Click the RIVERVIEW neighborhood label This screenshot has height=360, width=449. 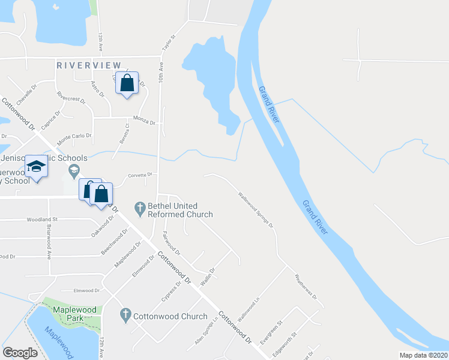tap(89, 65)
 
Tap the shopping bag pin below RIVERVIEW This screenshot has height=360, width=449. tap(127, 84)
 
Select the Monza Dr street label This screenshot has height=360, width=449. tap(144, 122)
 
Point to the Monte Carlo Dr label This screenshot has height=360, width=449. tap(74, 139)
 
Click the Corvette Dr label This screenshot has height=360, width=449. tap(141, 175)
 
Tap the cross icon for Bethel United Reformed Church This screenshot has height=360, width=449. tap(140, 209)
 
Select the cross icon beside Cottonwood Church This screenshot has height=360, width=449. tap(125, 314)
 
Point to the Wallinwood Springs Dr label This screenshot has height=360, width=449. tap(255, 209)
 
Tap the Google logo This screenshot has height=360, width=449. tap(20, 353)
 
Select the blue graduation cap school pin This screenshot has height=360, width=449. tap(37, 168)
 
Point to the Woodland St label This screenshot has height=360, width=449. tap(41, 220)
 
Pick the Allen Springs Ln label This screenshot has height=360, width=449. tap(206, 331)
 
